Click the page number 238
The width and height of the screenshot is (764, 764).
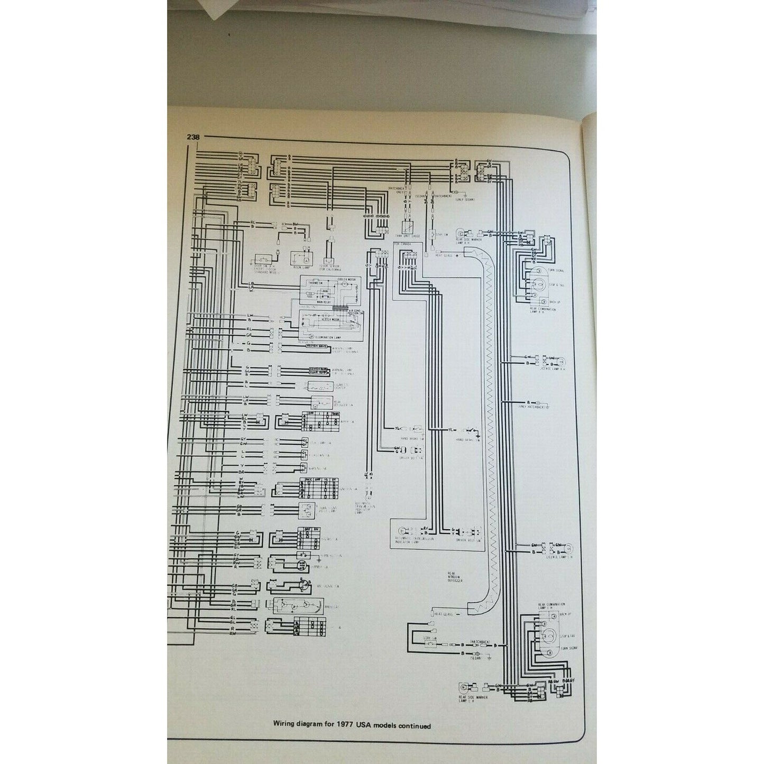[193, 137]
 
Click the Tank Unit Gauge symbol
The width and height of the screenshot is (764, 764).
[408, 227]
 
